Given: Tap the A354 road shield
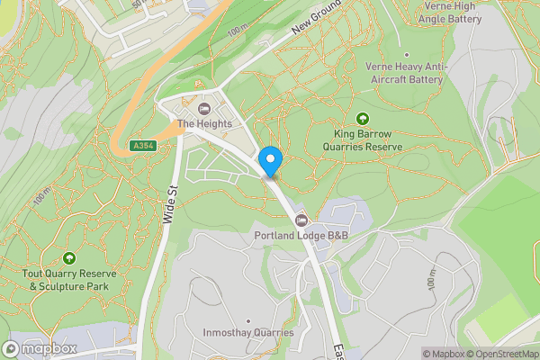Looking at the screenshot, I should (141, 146).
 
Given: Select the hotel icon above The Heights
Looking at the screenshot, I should (203, 109).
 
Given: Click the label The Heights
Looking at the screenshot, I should (204, 124).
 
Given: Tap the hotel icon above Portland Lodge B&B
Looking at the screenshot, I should (301, 220).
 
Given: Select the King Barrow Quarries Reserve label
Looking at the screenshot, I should (363, 139).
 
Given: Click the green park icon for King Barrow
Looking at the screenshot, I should (363, 118).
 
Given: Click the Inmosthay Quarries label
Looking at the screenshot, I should (249, 333).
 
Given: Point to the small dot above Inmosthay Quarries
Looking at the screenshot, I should (248, 320).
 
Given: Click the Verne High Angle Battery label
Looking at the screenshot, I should (450, 12).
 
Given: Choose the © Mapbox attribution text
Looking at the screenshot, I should (443, 354).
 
